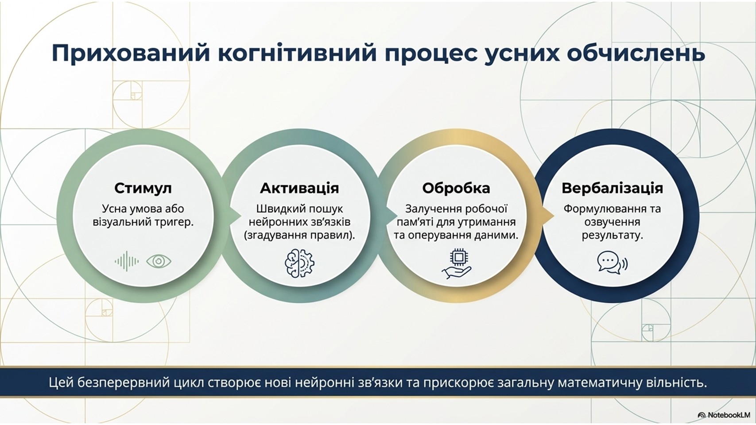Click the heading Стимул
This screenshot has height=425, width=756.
point(143,188)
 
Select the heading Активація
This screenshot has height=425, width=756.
point(299,188)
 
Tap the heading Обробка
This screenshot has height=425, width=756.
point(456,188)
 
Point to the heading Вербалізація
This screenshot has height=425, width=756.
point(612,188)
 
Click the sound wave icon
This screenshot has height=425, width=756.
point(127,261)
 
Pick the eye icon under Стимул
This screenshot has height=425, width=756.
point(159,261)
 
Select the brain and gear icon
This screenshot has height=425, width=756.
point(300,263)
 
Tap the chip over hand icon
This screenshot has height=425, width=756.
point(457,265)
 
